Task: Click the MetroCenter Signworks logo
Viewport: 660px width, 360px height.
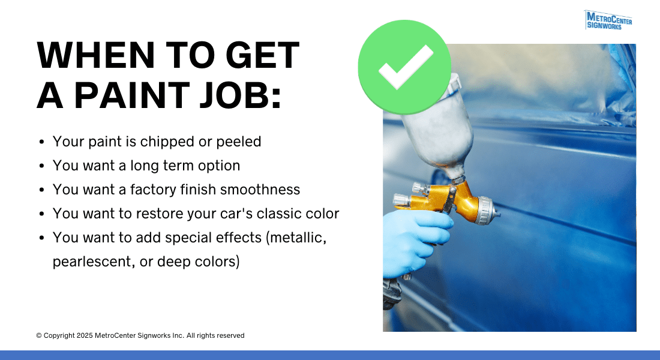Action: (608, 20)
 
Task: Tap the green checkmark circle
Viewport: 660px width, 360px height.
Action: (404, 67)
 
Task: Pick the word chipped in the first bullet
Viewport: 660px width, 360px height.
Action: (178, 142)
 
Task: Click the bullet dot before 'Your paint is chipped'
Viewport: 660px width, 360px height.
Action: (41, 143)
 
